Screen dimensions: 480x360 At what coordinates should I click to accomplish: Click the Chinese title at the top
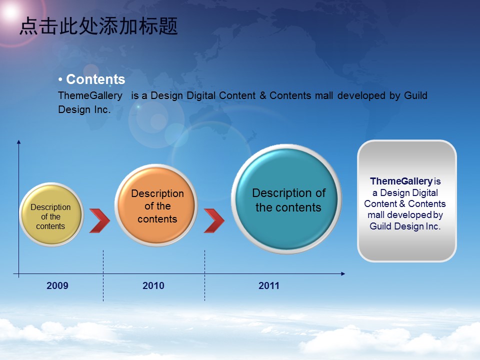pos(98,26)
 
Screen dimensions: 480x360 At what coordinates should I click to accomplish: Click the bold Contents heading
pos(95,79)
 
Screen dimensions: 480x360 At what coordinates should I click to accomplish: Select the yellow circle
pos(51,214)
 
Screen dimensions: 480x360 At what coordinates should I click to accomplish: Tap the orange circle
pos(156,205)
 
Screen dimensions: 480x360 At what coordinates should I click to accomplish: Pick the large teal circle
pos(286,199)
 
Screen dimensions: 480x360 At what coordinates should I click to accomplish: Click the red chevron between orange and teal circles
pos(214,220)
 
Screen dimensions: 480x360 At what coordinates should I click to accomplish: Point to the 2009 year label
pos(57,285)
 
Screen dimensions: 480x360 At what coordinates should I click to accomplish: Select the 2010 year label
pos(153,285)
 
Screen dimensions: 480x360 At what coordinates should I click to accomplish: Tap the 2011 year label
pos(269,285)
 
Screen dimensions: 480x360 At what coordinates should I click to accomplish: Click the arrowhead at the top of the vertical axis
pos(18,141)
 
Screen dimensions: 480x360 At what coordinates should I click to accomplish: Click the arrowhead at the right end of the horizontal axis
pos(343,273)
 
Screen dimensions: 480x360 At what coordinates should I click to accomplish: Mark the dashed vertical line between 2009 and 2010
pos(103,275)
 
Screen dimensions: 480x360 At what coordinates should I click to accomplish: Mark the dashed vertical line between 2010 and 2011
pos(204,275)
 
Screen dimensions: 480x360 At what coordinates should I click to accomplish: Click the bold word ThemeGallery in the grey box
pos(401,181)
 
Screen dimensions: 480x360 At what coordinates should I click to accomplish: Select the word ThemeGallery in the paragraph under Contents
pos(90,96)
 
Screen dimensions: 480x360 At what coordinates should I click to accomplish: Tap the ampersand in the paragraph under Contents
pos(262,95)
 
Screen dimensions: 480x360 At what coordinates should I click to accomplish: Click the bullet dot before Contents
pos(60,80)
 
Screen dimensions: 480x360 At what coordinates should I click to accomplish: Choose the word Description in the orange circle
pos(157,193)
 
